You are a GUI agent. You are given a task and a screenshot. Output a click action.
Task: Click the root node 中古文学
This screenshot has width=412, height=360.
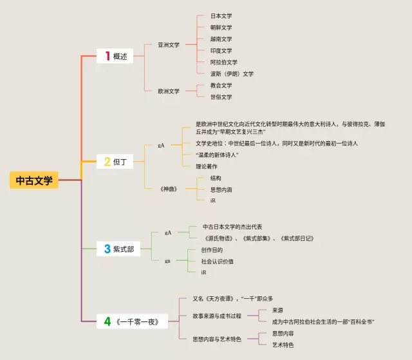(x=34, y=180)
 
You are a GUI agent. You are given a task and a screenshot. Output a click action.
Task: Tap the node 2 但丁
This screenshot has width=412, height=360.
(x=115, y=162)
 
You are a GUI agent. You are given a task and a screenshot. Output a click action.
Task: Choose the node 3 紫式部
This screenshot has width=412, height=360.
(x=119, y=249)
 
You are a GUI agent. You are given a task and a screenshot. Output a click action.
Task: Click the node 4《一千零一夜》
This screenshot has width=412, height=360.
(x=131, y=321)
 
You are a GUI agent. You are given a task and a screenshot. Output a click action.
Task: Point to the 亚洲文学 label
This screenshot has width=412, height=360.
(x=169, y=44)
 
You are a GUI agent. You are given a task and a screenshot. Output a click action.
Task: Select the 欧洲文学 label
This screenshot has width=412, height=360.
(x=169, y=91)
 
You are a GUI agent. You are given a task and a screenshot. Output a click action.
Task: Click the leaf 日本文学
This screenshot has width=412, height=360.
(x=221, y=15)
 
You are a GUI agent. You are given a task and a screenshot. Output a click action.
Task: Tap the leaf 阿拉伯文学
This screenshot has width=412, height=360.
(x=223, y=62)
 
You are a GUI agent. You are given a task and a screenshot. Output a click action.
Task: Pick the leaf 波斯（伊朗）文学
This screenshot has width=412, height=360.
(x=232, y=73)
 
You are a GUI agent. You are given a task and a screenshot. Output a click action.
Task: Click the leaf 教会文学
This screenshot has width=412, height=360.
(x=221, y=85)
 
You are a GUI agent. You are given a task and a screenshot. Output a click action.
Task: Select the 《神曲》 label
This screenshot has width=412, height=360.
(x=169, y=189)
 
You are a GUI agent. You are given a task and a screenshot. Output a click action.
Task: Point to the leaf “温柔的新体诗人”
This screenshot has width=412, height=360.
(x=217, y=155)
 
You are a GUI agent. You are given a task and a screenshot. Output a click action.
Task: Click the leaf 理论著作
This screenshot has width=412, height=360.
(x=207, y=166)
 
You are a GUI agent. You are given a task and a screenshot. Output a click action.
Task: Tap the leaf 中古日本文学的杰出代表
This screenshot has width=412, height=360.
(x=232, y=227)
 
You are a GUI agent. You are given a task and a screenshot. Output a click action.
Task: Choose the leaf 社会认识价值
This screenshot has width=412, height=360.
(x=217, y=261)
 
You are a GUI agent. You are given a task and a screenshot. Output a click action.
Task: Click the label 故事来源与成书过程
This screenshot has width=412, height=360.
(x=216, y=316)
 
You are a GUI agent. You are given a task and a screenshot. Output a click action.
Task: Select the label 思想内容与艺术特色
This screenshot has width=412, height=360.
(x=216, y=339)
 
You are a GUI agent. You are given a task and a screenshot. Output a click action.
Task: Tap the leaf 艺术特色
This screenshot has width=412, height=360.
(x=283, y=345)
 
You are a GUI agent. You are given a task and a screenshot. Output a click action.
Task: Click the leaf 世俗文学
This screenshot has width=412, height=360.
(x=221, y=97)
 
